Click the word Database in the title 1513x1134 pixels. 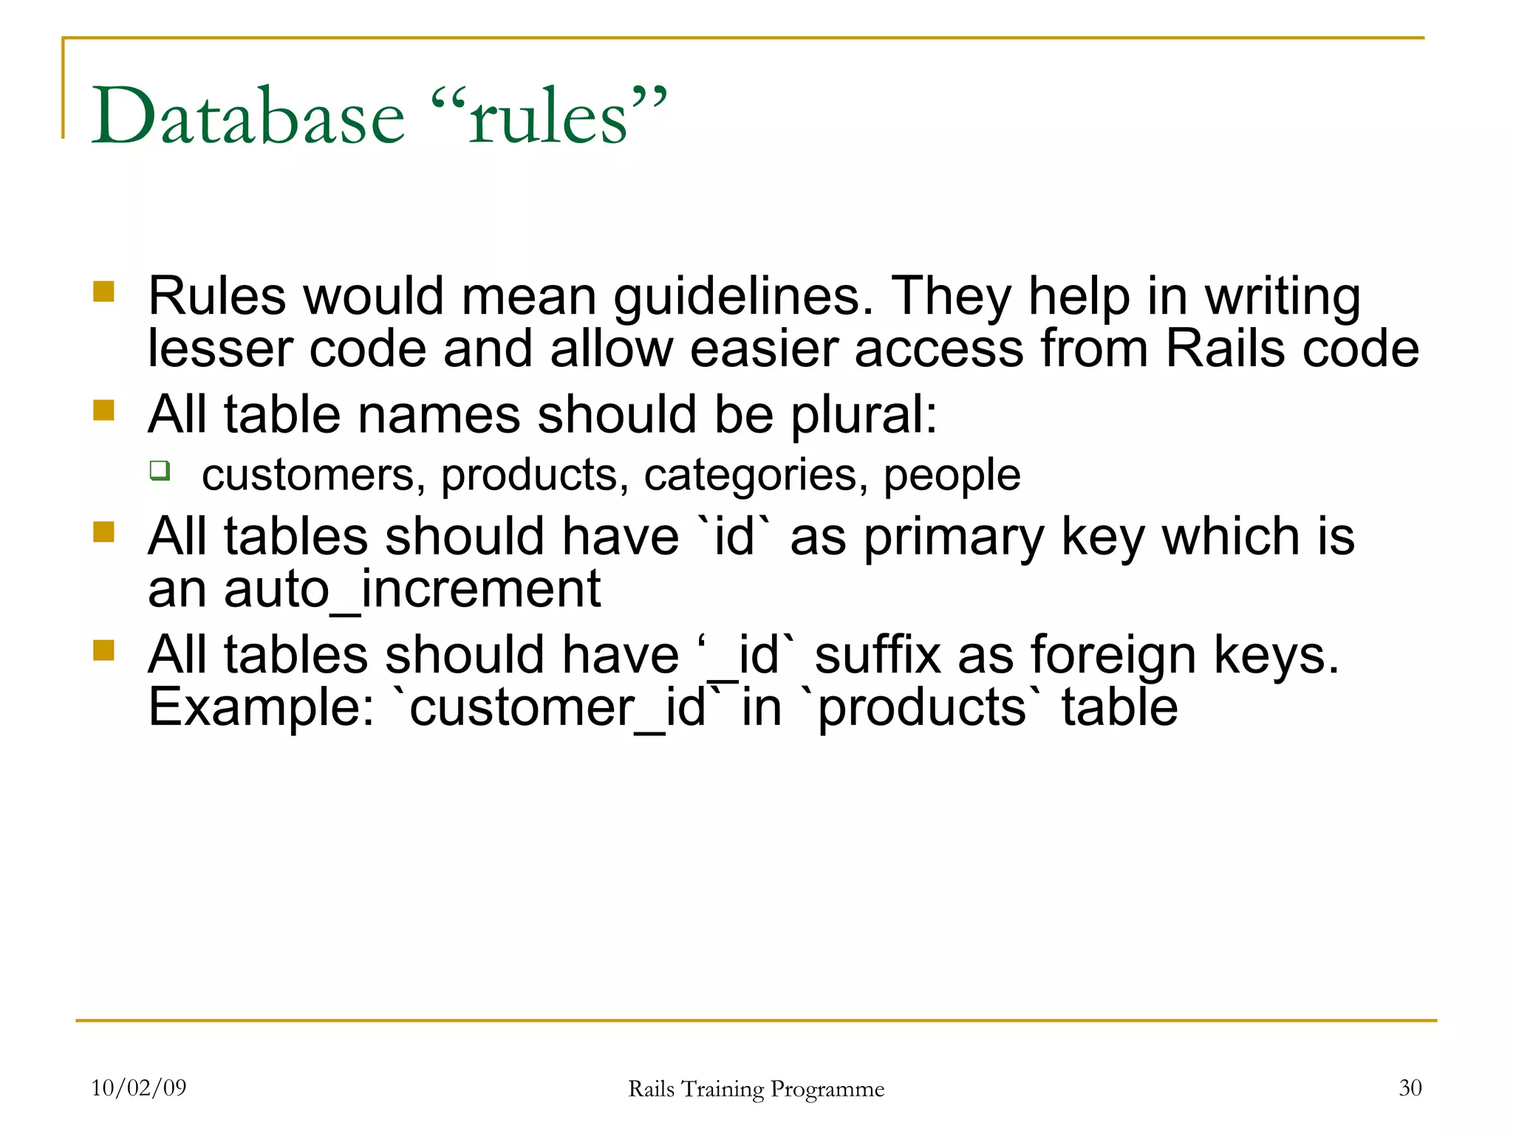pos(248,117)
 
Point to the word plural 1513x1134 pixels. pos(863,415)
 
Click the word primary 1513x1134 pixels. pos(954,537)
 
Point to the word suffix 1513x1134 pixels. pos(878,655)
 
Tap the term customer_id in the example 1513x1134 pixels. pos(558,708)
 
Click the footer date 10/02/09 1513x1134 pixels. pos(139,1087)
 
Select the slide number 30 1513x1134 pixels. pos(1410,1087)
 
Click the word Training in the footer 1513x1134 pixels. pos(722,1089)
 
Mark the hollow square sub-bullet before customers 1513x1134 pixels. pos(160,470)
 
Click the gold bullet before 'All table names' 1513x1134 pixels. pos(104,410)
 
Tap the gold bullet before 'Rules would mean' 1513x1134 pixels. pos(104,292)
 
